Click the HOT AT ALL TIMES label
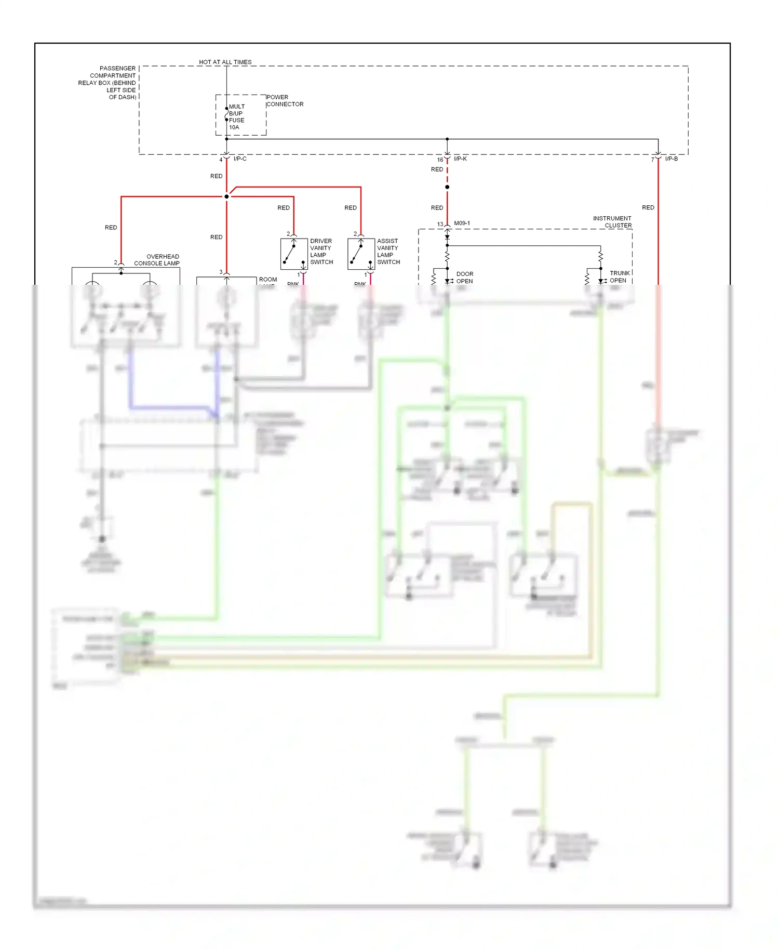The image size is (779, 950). (225, 62)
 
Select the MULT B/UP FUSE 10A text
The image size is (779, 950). (236, 117)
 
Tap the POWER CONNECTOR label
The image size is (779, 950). (285, 101)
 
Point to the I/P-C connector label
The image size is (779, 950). (240, 159)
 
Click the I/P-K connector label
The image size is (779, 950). (460, 159)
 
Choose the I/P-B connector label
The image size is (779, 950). (671, 159)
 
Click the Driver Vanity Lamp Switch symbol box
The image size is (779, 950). (294, 254)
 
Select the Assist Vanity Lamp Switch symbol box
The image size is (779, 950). (361, 254)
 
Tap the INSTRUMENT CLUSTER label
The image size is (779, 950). (612, 222)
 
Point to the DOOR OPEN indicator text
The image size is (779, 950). (464, 278)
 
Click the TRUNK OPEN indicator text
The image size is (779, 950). (619, 276)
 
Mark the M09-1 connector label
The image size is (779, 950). (462, 223)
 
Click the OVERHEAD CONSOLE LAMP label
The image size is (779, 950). (157, 260)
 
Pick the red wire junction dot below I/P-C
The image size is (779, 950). (226, 196)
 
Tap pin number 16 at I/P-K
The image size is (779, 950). (440, 160)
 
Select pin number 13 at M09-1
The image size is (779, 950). (440, 225)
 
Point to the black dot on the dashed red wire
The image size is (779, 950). (447, 187)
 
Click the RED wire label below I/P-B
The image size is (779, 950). (648, 207)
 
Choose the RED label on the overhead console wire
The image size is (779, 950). (111, 228)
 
